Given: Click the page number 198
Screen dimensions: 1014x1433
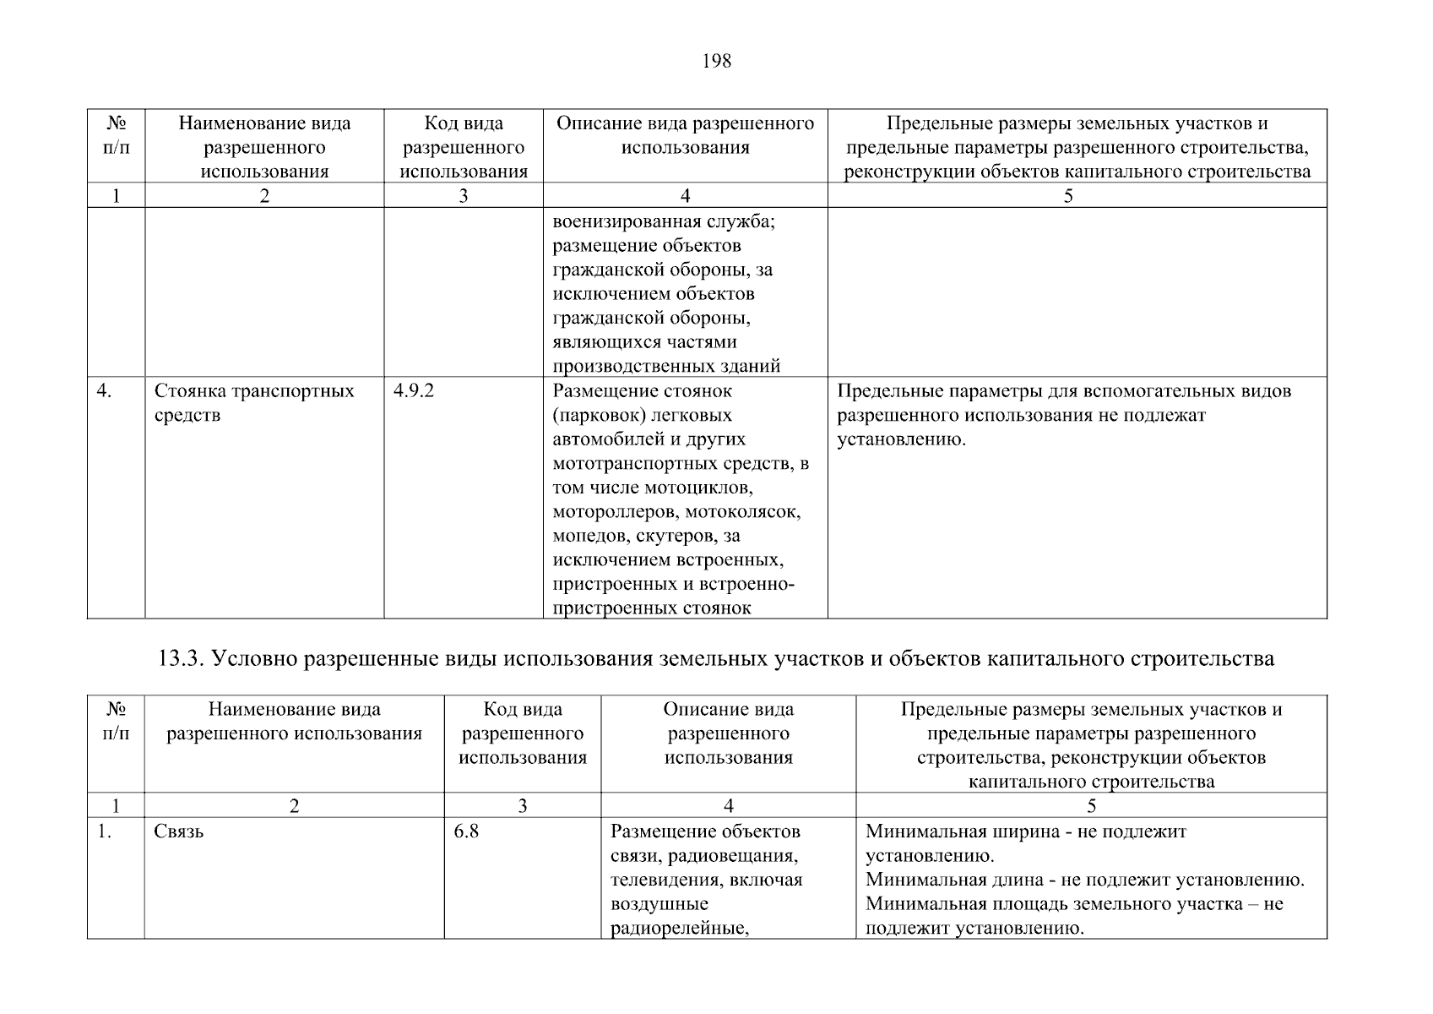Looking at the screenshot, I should (716, 61).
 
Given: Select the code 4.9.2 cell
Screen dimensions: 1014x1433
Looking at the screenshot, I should (414, 391).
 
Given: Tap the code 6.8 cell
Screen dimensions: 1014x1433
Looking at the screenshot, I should (466, 831).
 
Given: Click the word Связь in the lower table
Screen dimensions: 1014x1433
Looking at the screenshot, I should (178, 831).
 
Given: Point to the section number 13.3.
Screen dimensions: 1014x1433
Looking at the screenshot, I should (182, 658).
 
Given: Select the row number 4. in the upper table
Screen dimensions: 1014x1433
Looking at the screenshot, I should (105, 391).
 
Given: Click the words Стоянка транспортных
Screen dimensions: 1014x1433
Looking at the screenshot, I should (254, 391).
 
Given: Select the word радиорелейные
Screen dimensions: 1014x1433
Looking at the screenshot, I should (681, 928).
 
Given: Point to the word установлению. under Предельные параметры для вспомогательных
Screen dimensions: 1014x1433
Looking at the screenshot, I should (901, 439).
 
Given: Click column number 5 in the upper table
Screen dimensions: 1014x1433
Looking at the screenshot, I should (1068, 196).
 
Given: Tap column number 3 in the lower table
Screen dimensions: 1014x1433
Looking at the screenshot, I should (522, 805).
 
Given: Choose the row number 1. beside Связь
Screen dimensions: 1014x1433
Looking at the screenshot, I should (104, 831).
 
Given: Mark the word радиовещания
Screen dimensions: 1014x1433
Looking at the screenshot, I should (734, 856).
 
